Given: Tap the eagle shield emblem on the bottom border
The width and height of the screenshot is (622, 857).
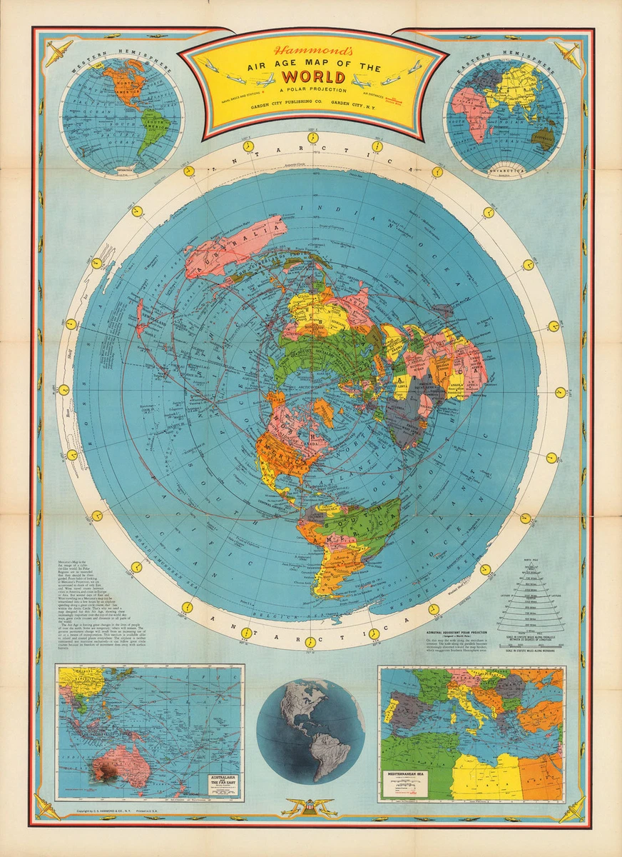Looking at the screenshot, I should click(310, 809).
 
